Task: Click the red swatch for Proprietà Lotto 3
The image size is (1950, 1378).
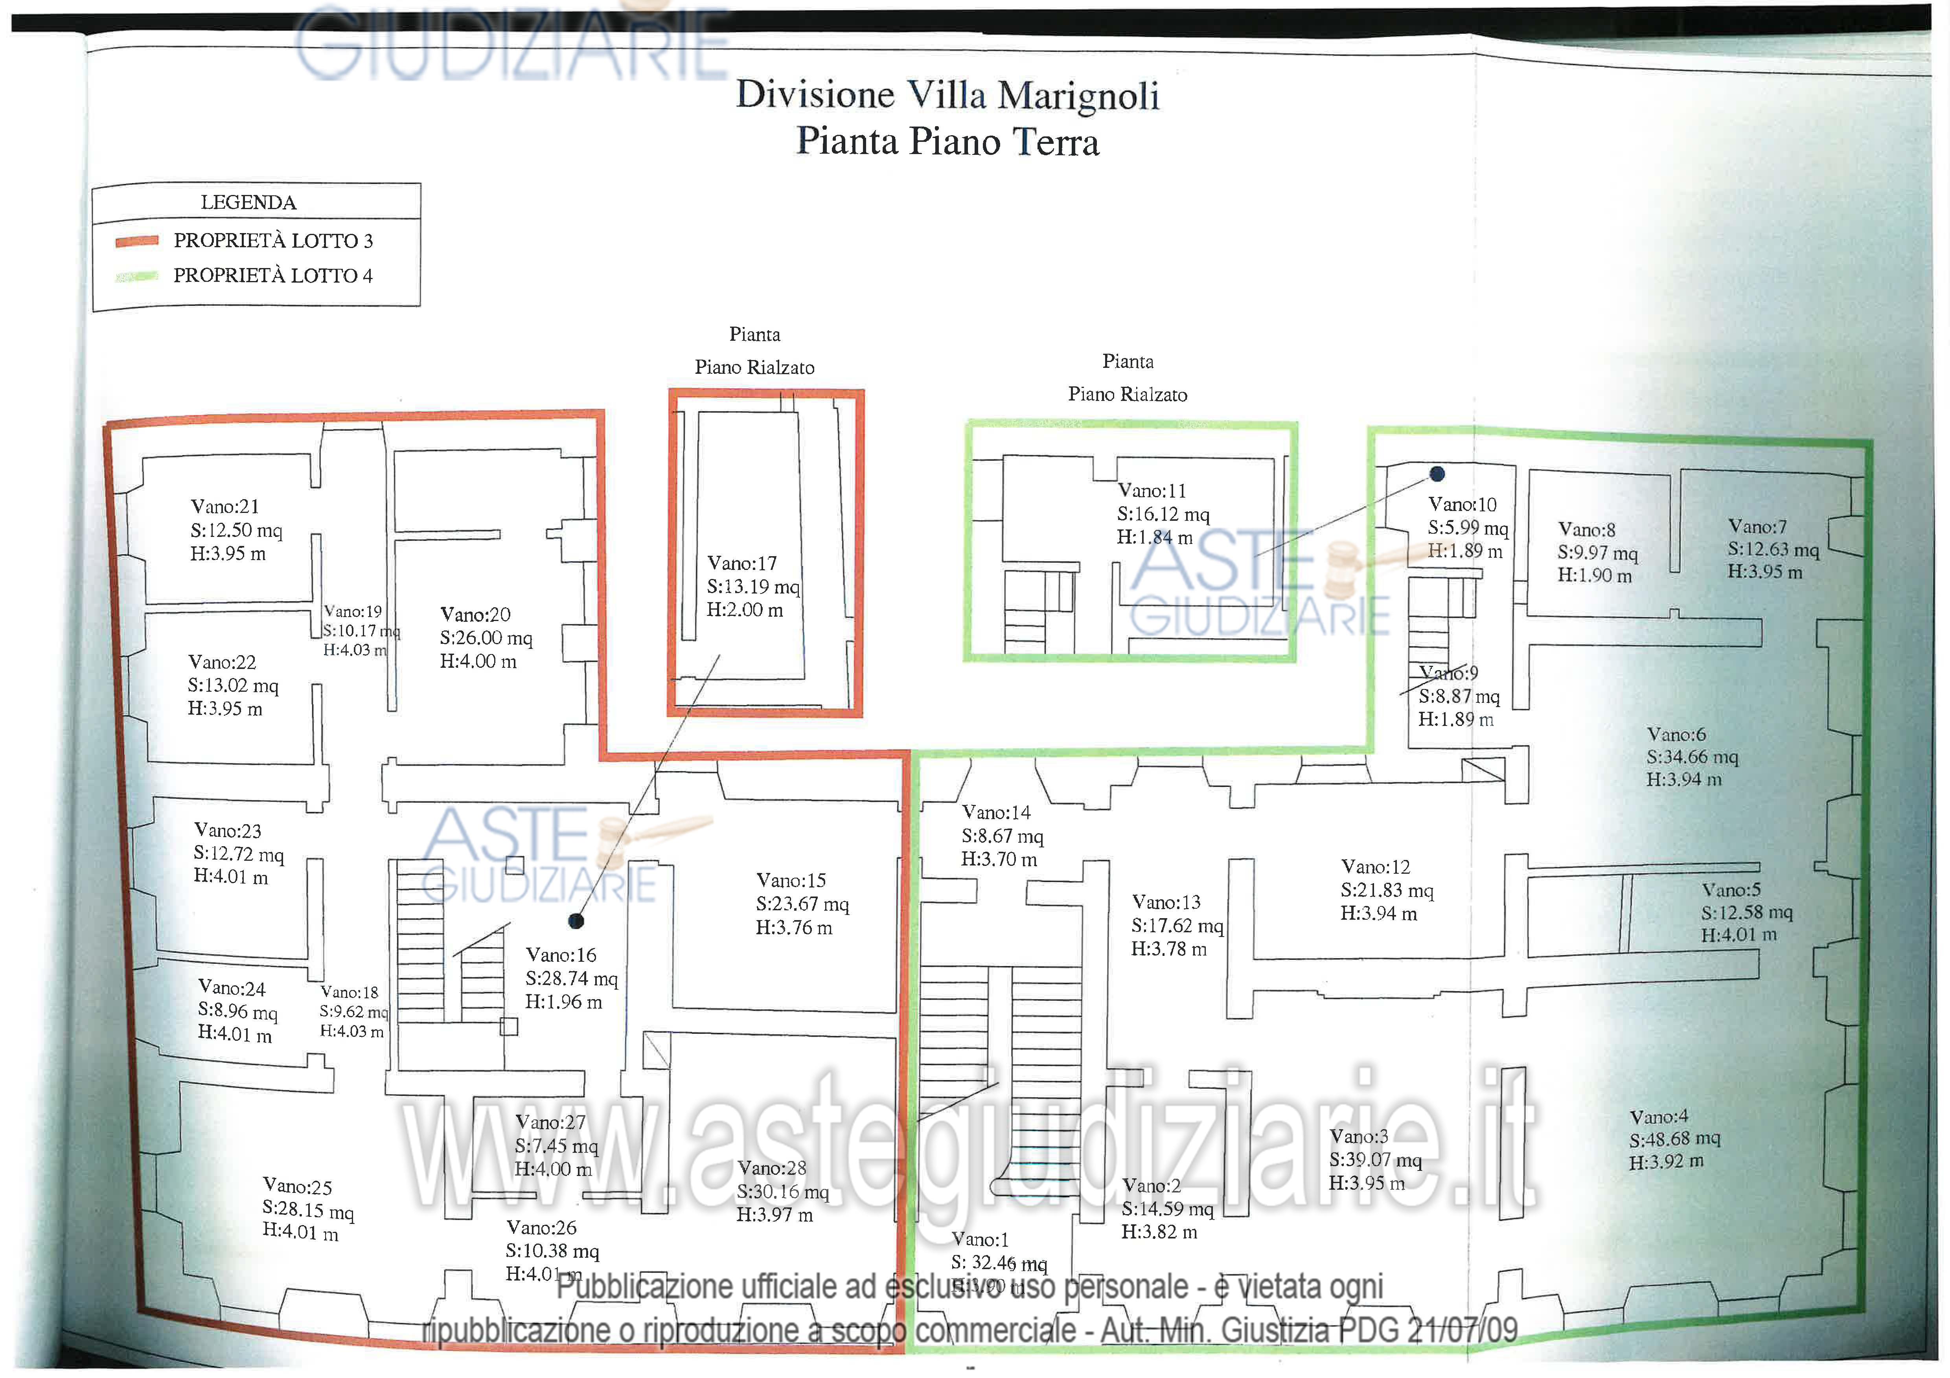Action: click(x=137, y=241)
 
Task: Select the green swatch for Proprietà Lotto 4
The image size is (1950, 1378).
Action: click(x=137, y=276)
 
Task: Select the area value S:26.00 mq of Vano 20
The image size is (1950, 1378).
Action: click(x=486, y=638)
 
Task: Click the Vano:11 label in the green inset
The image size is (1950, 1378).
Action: click(x=1152, y=491)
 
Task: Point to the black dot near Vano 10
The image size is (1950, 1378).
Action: click(x=1437, y=474)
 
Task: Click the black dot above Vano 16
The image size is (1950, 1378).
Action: click(x=576, y=921)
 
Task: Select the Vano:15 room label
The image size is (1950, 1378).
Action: click(x=791, y=880)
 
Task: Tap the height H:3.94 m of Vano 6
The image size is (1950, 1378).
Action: click(x=1683, y=779)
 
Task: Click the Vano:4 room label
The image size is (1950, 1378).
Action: click(x=1659, y=1117)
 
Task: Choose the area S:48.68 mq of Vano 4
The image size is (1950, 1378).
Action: click(x=1674, y=1139)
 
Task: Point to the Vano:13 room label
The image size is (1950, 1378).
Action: click(x=1166, y=902)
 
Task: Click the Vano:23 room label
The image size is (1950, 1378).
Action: click(x=228, y=830)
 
